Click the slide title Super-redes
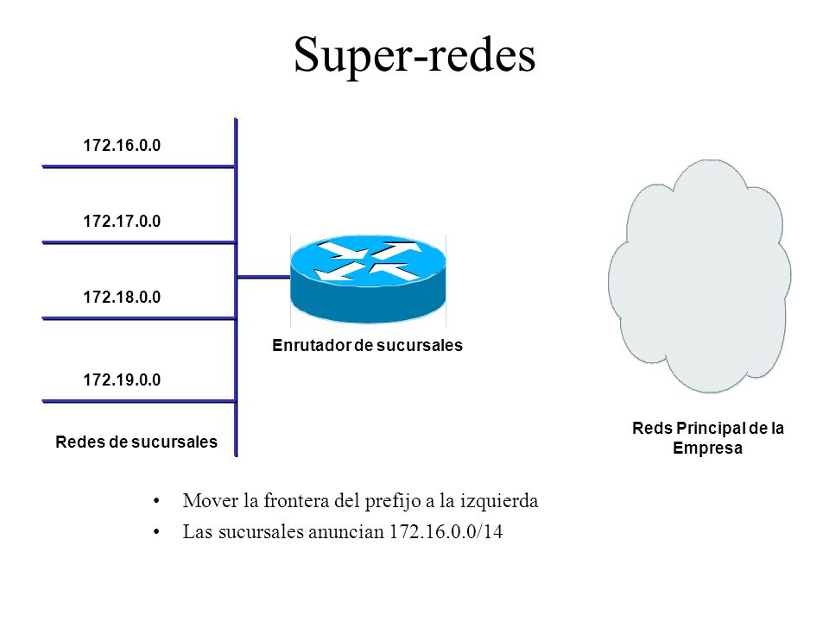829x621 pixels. (414, 54)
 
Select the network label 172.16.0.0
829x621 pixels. (122, 145)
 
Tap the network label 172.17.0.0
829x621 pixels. (122, 221)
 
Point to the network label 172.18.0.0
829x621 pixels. (122, 297)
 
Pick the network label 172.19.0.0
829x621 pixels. (122, 379)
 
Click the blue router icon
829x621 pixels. (368, 279)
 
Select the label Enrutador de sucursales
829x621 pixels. (368, 345)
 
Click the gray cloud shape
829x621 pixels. (699, 276)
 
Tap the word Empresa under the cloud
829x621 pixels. (707, 448)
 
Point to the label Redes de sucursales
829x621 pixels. (136, 442)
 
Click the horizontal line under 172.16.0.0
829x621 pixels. (138, 166)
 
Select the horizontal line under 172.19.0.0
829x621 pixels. (138, 401)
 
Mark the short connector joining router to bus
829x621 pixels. (263, 277)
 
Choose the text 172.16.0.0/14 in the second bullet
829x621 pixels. (446, 531)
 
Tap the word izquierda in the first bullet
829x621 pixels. (499, 500)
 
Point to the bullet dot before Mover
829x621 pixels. (156, 500)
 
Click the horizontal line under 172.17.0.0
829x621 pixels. (138, 243)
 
